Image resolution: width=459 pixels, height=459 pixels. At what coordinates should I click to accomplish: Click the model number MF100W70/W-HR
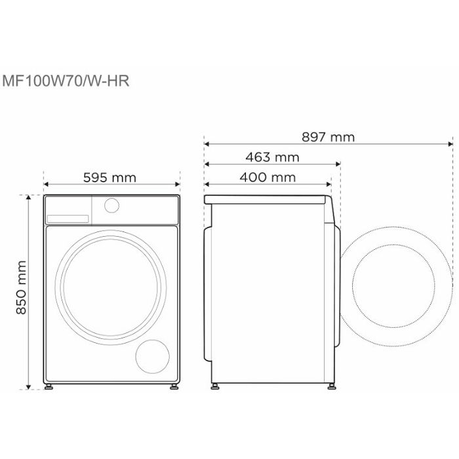pyautogui.click(x=66, y=81)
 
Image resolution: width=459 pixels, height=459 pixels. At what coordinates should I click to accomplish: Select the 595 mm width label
pyautogui.click(x=110, y=178)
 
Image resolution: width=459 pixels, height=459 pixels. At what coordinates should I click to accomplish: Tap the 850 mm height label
pyautogui.click(x=22, y=287)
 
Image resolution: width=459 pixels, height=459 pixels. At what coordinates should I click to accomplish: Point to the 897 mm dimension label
pyautogui.click(x=328, y=137)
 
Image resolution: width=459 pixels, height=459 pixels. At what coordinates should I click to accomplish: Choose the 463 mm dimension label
pyautogui.click(x=272, y=157)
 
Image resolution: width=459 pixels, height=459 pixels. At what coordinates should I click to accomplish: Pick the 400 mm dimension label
pyautogui.click(x=268, y=177)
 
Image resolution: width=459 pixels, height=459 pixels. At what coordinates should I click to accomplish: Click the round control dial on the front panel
pyautogui.click(x=111, y=205)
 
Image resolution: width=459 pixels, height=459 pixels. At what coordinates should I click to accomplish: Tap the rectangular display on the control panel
pyautogui.click(x=68, y=218)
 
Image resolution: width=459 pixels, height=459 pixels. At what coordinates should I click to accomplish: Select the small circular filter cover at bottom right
pyautogui.click(x=153, y=357)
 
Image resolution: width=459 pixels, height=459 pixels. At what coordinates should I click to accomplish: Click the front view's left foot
pyautogui.click(x=49, y=386)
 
